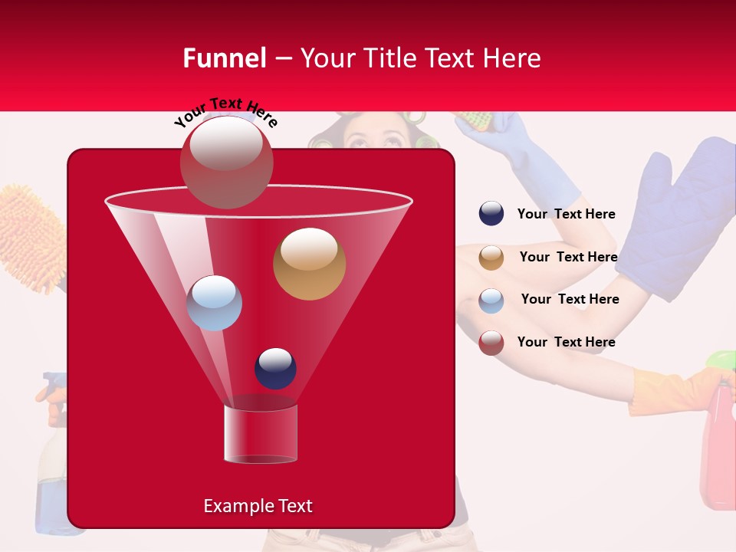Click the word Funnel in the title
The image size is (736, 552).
pos(224,58)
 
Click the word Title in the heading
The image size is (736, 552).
pos(389,58)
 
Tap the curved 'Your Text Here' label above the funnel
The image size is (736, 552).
pos(225,111)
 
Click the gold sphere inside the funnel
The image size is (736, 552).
pos(309,263)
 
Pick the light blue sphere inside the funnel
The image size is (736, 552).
pos(215,303)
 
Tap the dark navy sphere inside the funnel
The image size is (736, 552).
pos(275,368)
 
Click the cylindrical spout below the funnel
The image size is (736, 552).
pos(261,434)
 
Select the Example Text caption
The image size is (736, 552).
pos(258,506)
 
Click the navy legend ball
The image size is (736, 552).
pos(491,214)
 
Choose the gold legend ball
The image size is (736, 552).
pos(491,257)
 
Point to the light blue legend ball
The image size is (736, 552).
pos(491,300)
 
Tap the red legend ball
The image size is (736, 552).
pos(491,343)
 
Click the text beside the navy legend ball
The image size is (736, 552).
pos(566,214)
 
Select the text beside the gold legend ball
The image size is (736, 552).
pos(568,257)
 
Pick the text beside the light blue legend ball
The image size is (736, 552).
pos(570,299)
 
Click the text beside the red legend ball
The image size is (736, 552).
pos(566,342)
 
